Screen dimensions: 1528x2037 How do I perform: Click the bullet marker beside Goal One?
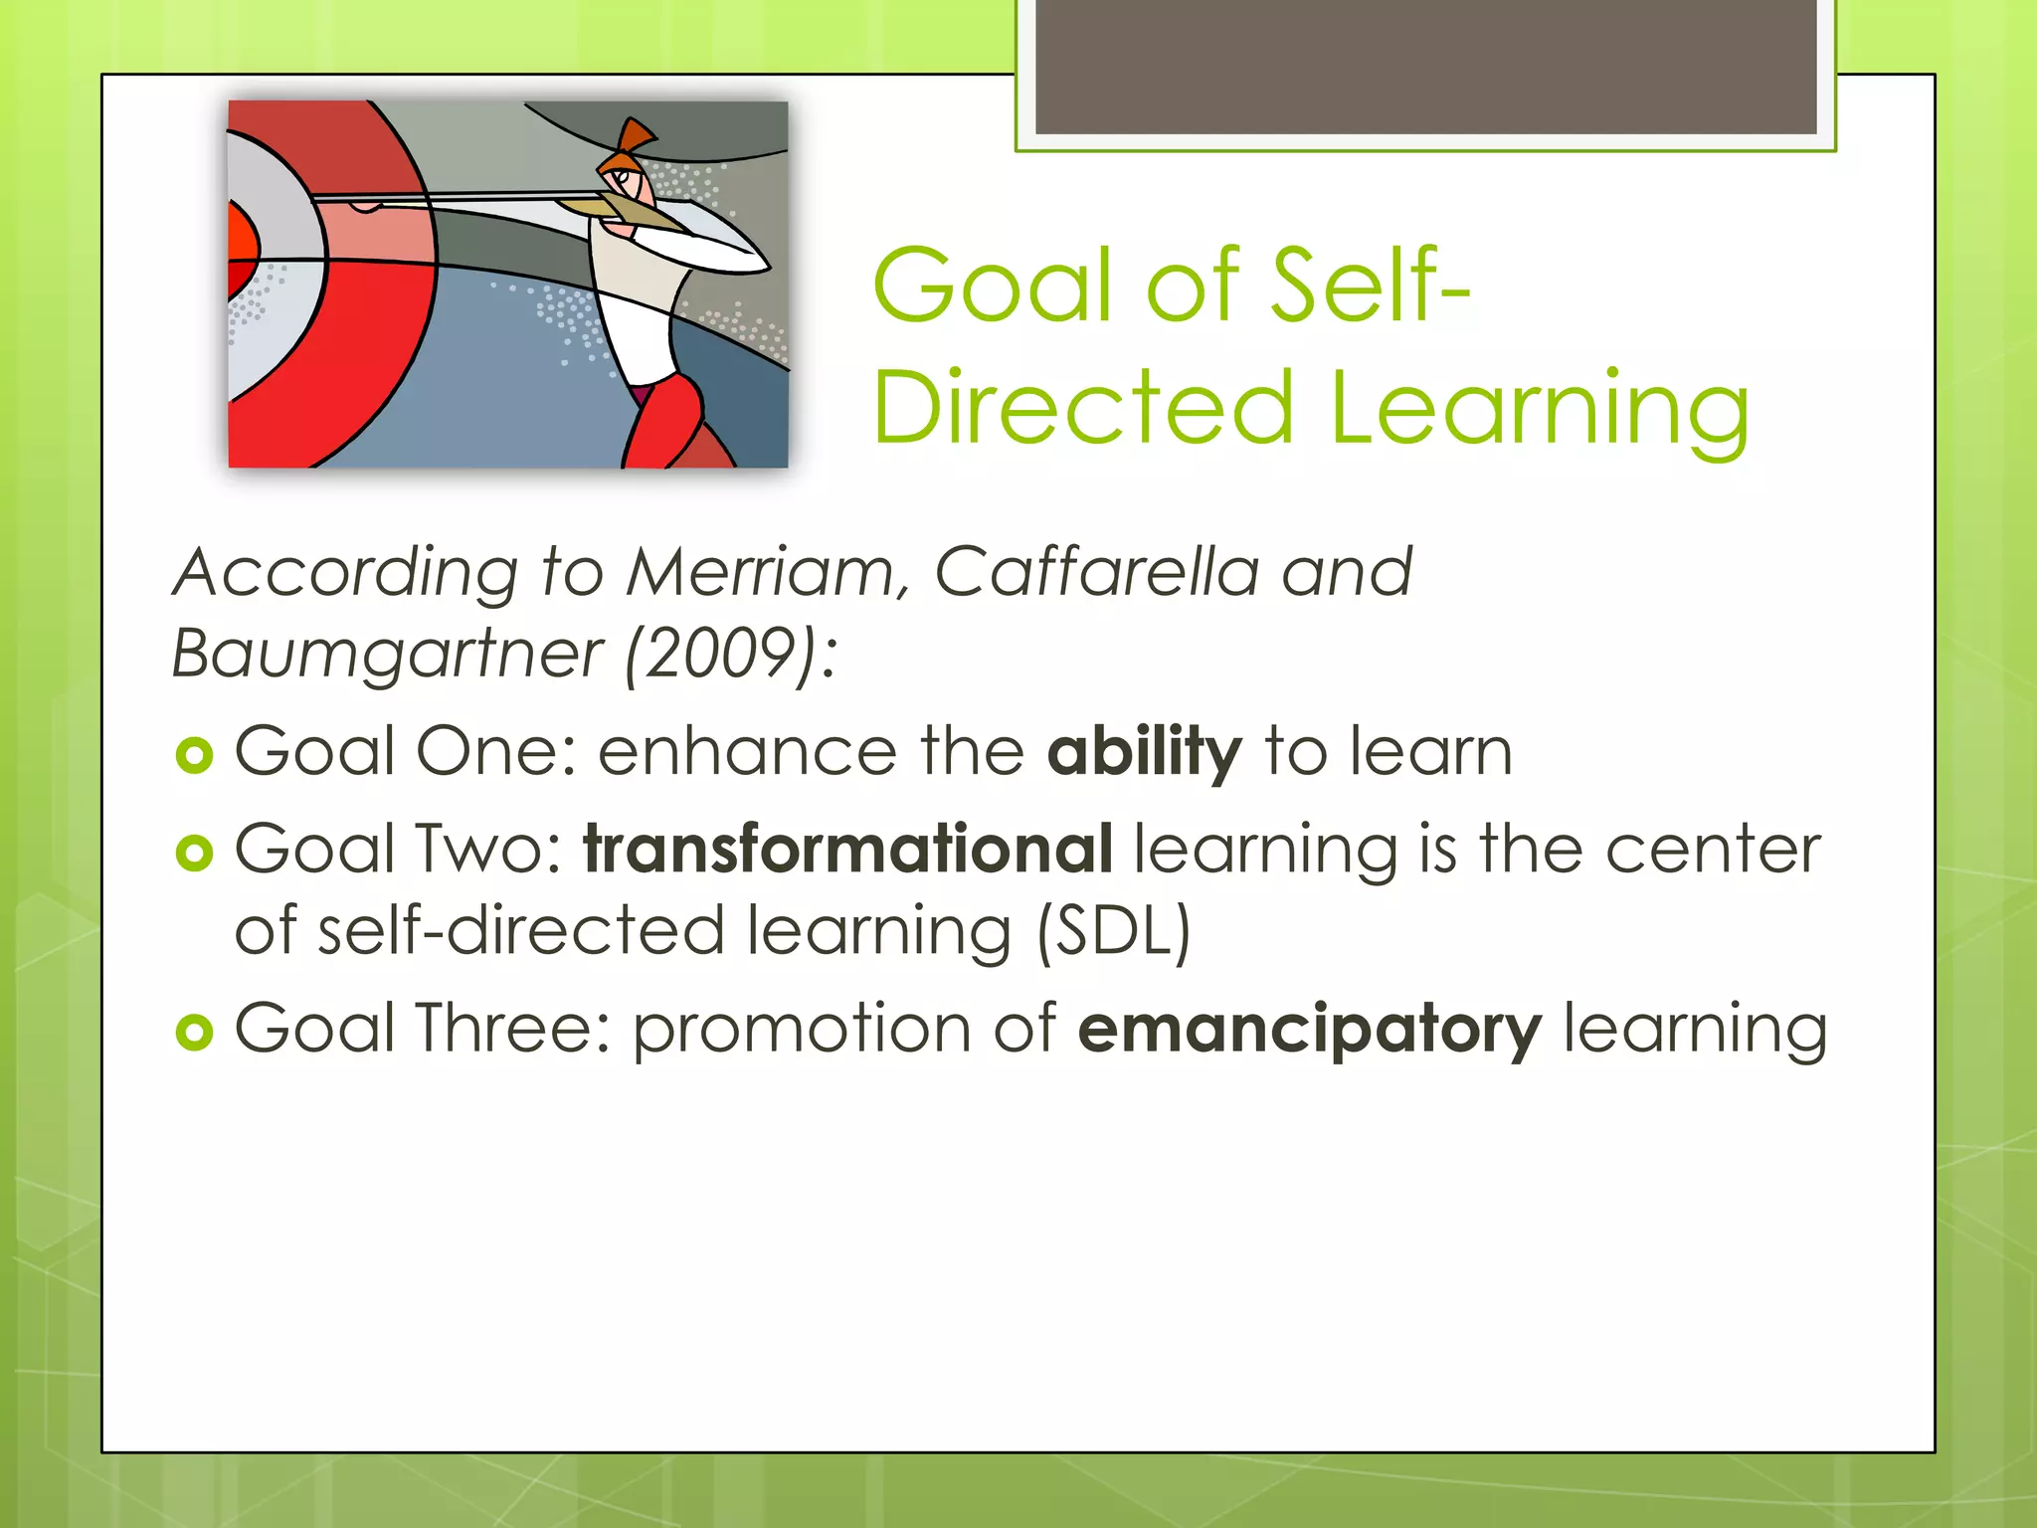194,755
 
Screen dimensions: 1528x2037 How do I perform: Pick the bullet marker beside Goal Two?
194,853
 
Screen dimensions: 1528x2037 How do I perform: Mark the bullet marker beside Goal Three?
194,1032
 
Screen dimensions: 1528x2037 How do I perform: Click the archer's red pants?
666,423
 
